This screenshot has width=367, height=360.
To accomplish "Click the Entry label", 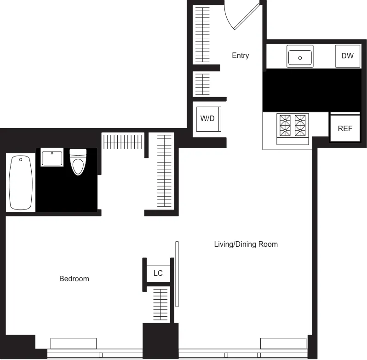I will coord(240,56).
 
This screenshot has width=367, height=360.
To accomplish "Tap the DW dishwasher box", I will coord(347,56).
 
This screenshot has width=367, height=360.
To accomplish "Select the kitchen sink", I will coord(300,57).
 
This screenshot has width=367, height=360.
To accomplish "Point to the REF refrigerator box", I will coord(344,128).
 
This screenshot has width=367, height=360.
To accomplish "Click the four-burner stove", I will coord(292,126).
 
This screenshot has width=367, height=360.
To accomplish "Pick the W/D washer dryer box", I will coord(207,119).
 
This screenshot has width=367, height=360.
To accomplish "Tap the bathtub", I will coord(21,183).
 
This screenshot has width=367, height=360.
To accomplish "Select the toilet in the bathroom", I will coord(78,161).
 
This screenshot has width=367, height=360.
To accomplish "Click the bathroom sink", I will coord(52,158).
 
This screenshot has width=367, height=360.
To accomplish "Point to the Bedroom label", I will coord(74,279).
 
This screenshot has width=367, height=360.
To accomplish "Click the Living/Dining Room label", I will coord(246,244).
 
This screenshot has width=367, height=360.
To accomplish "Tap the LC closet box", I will coord(158,273).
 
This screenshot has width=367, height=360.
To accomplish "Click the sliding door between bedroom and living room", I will coord(177,274).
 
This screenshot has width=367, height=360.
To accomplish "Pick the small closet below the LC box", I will coord(160,304).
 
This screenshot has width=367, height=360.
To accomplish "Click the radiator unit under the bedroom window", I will coord(73,343).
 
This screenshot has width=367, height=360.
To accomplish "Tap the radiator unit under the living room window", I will coord(283,343).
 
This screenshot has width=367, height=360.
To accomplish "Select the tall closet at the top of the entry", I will coord(203,35).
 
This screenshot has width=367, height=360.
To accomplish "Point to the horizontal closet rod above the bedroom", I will coord(122,141).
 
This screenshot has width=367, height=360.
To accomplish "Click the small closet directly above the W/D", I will coord(203,84).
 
